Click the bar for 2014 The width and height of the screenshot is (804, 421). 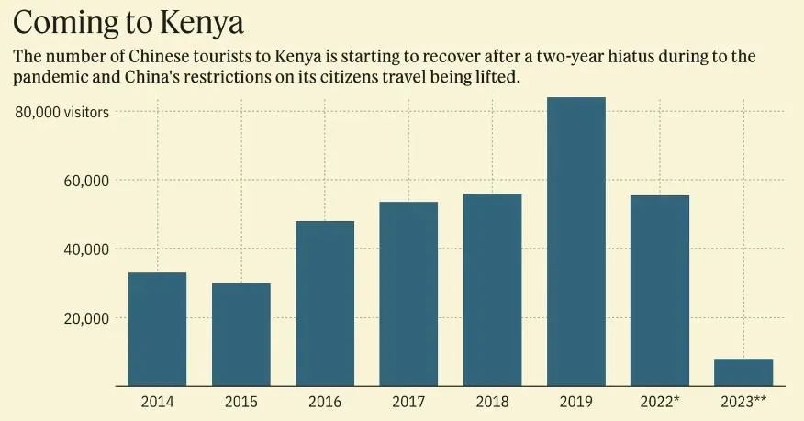pyautogui.click(x=157, y=329)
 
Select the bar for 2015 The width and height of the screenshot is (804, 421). pyautogui.click(x=241, y=335)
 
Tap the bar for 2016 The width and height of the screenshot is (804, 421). pyautogui.click(x=325, y=304)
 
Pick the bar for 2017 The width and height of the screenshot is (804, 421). pyautogui.click(x=408, y=294)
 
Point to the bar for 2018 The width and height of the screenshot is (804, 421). pyautogui.click(x=492, y=290)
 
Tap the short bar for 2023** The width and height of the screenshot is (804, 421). pyautogui.click(x=743, y=372)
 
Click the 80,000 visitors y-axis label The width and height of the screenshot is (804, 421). pyautogui.click(x=62, y=112)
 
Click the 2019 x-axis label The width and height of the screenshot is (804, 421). pyautogui.click(x=576, y=402)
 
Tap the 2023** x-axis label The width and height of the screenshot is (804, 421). pyautogui.click(x=744, y=402)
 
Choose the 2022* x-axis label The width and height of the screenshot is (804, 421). pyautogui.click(x=661, y=402)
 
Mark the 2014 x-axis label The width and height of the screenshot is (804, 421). pyautogui.click(x=157, y=402)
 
